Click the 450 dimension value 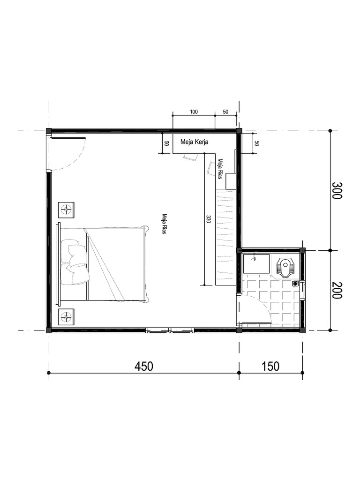tap(144, 366)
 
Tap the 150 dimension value tap(270, 366)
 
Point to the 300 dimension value tap(337, 190)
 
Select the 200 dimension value tap(337, 290)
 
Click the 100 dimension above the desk tap(194, 112)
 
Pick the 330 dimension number tap(209, 219)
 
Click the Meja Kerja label tap(195, 142)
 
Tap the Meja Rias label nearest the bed tap(165, 224)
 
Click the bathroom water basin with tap tap(256, 263)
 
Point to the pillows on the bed tap(75, 262)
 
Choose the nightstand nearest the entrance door tap(66, 210)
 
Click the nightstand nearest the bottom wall tap(66, 316)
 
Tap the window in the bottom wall tap(170, 330)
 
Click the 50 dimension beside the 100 tap(225, 112)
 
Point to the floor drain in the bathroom tap(296, 284)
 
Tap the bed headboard tap(58, 263)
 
